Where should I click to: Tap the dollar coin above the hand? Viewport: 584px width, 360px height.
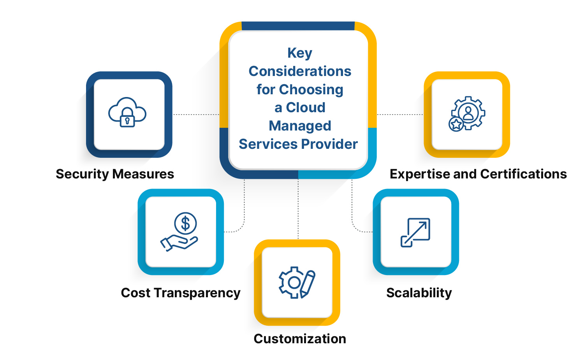pos(186,224)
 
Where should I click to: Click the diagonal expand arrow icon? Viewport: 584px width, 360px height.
pos(415,232)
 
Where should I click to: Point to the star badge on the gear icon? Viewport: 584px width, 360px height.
pos(456,124)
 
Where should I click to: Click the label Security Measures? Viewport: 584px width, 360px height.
pos(115,174)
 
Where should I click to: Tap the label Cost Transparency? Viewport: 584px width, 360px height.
pos(181,293)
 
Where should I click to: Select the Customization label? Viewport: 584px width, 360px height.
pos(300,339)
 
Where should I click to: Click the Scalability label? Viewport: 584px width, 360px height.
pos(419,293)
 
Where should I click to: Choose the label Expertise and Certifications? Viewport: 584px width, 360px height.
pos(478,174)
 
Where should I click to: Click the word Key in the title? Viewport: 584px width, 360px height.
pos(300,53)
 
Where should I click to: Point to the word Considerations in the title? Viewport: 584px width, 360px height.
pos(300,71)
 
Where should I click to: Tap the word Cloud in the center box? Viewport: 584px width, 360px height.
pos(306,108)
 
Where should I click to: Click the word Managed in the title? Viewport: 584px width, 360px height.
pos(300,126)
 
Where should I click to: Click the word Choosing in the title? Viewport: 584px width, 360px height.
pos(311,90)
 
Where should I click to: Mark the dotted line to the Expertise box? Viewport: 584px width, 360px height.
pos(400,115)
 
